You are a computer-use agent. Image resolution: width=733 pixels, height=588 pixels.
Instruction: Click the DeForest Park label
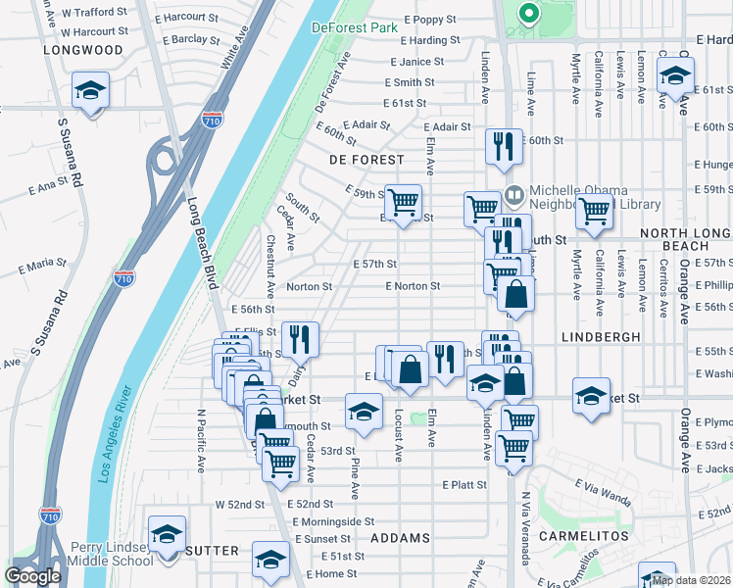pyautogui.click(x=355, y=27)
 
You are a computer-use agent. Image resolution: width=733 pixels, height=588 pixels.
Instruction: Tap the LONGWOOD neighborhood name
pyautogui.click(x=83, y=50)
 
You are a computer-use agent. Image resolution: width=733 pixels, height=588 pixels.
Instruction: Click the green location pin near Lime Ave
pyautogui.click(x=528, y=14)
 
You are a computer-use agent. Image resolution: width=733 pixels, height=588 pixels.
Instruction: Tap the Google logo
pyautogui.click(x=32, y=576)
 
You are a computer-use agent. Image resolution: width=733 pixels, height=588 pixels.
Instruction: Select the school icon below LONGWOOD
pyautogui.click(x=90, y=92)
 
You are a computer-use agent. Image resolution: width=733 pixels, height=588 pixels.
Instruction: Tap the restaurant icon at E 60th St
pyautogui.click(x=505, y=147)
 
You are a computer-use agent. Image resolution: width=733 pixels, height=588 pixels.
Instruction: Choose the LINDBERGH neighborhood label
pyautogui.click(x=601, y=336)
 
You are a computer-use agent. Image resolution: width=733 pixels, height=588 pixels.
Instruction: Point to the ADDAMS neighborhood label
pyautogui.click(x=400, y=539)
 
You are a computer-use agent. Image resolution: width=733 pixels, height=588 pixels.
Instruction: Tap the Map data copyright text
pyautogui.click(x=691, y=580)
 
